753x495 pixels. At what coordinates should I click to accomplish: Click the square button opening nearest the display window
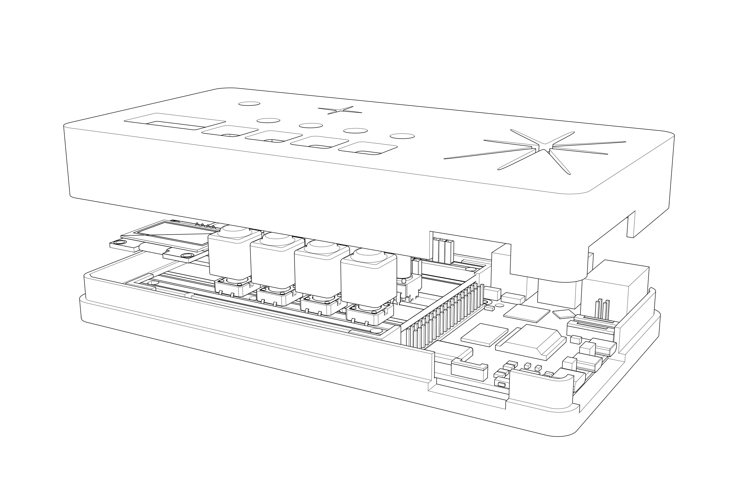(x=230, y=131)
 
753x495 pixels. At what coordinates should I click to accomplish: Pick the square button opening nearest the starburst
(x=368, y=148)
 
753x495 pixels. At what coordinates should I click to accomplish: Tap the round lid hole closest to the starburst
(x=402, y=136)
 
